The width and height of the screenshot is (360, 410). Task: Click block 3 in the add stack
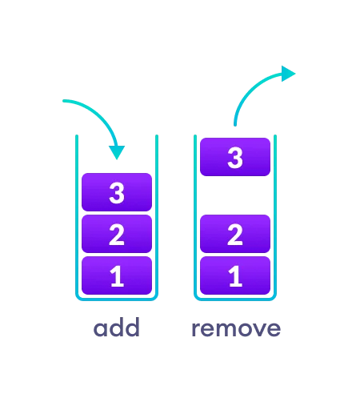pyautogui.click(x=117, y=192)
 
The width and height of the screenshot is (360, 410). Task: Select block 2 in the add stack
pyautogui.click(x=117, y=234)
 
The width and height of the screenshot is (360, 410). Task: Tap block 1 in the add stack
pyautogui.click(x=117, y=275)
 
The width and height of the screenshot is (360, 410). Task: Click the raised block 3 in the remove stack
pyautogui.click(x=235, y=157)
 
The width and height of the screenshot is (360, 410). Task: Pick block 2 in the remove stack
pyautogui.click(x=235, y=234)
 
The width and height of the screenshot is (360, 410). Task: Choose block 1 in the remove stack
pyautogui.click(x=235, y=275)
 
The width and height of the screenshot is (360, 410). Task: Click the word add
pyautogui.click(x=117, y=328)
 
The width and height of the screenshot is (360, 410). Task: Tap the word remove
pyautogui.click(x=236, y=328)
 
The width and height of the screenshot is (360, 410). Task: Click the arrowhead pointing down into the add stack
pyautogui.click(x=117, y=152)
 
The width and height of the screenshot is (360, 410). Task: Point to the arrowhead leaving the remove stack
pyautogui.click(x=288, y=74)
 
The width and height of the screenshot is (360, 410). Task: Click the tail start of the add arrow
pyautogui.click(x=64, y=101)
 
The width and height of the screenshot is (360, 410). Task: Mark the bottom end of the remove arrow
pyautogui.click(x=235, y=125)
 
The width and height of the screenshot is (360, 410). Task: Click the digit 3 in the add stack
pyautogui.click(x=117, y=193)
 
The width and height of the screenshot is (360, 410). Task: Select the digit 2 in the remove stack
pyautogui.click(x=235, y=235)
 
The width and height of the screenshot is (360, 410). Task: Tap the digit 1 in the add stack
pyautogui.click(x=117, y=276)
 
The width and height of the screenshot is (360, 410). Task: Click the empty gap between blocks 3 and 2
pyautogui.click(x=235, y=195)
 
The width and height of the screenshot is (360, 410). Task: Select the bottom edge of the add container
pyautogui.click(x=117, y=299)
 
